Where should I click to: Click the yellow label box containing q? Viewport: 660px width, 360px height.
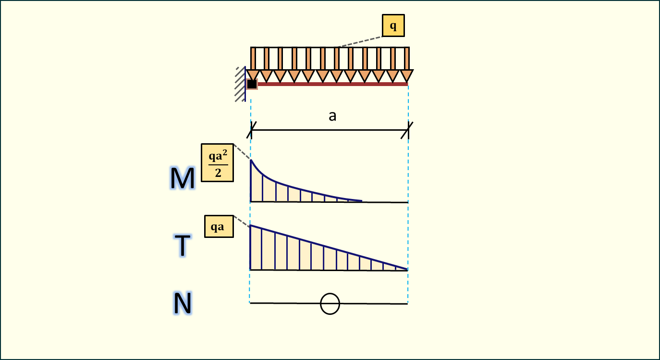point(393,25)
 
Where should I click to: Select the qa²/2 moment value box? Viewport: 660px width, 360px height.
point(217,162)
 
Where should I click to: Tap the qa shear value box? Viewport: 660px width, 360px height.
point(219,226)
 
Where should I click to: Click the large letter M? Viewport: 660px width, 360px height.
point(183,178)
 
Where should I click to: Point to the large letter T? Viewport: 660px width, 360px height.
point(183,246)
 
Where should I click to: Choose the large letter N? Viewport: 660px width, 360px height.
point(183,304)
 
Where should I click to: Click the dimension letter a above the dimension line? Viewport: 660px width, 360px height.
point(332,116)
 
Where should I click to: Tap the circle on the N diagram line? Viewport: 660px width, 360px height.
point(330,304)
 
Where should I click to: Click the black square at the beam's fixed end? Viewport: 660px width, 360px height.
point(252,84)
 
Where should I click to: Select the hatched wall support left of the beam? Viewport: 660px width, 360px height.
point(240,84)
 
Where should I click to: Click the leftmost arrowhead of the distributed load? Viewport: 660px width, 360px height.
point(253,75)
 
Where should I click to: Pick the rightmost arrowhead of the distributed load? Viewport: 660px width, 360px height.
point(406,75)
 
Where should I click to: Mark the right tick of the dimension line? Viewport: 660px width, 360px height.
point(408,130)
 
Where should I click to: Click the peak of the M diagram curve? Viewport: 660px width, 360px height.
point(251,161)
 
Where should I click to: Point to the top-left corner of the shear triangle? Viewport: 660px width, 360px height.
point(251,225)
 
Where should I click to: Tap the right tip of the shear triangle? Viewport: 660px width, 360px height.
point(407,270)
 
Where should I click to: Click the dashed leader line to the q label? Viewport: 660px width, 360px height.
point(359,41)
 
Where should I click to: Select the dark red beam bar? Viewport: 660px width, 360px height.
point(331,84)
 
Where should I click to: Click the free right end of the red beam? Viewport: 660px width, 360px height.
point(407,84)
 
